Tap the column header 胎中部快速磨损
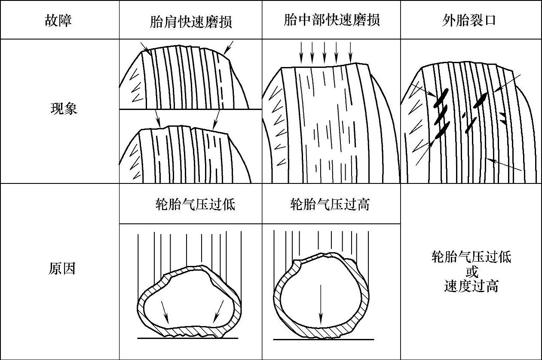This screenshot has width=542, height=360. (x=331, y=20)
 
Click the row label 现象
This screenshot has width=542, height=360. (x=64, y=109)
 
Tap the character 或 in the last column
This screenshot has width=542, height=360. (x=472, y=272)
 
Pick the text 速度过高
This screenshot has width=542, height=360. (x=472, y=286)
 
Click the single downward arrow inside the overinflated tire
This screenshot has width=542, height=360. (x=320, y=307)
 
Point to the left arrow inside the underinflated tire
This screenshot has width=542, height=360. (x=165, y=313)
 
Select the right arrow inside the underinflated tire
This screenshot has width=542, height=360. (x=219, y=312)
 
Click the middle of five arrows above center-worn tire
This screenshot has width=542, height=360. (x=325, y=53)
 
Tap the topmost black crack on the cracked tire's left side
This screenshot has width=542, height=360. (x=441, y=98)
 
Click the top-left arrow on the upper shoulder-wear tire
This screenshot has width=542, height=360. (x=145, y=48)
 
